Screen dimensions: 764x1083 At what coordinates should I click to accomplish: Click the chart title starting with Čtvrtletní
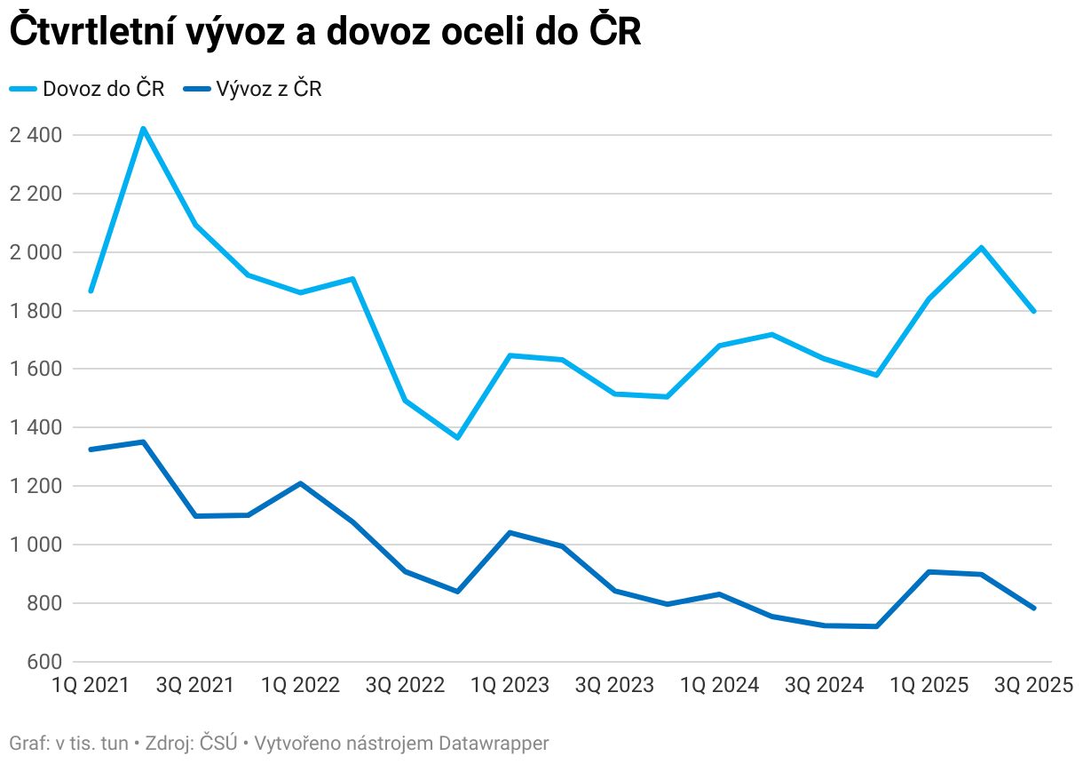[x=324, y=33]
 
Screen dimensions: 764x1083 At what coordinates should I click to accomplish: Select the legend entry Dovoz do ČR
[x=87, y=89]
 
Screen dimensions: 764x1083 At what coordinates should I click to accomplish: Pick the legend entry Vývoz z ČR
[x=252, y=89]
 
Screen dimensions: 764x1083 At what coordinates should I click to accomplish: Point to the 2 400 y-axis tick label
[x=36, y=135]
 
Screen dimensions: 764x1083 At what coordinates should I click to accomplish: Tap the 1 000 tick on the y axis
[x=36, y=545]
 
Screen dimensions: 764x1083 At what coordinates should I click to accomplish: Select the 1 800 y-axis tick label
[x=36, y=311]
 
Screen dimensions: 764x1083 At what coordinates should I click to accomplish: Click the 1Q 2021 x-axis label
[x=91, y=686]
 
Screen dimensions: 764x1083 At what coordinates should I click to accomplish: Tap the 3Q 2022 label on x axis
[x=405, y=686]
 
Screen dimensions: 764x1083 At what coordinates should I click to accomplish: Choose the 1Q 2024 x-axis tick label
[x=719, y=686]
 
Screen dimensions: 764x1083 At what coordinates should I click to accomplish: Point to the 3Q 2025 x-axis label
[x=1033, y=686]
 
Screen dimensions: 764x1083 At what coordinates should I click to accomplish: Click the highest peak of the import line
[x=143, y=129]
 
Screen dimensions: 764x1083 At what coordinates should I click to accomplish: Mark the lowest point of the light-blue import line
[x=457, y=437]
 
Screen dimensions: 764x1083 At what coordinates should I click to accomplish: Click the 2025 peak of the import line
[x=981, y=247]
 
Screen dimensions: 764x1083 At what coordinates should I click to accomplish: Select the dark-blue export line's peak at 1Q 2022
[x=300, y=483]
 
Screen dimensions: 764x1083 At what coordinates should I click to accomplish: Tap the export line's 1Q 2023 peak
[x=510, y=532]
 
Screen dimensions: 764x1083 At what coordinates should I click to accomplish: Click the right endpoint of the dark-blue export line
[x=1033, y=608]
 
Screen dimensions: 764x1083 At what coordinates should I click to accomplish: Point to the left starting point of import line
[x=91, y=290]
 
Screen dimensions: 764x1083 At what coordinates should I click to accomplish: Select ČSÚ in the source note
[x=217, y=743]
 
